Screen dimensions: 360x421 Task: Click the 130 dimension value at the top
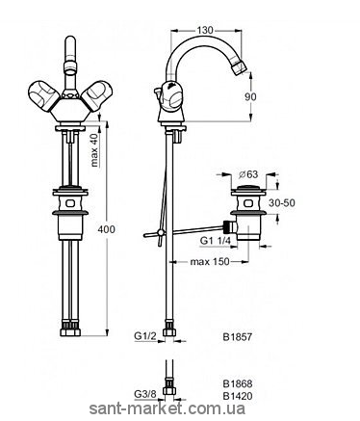coord(205,30)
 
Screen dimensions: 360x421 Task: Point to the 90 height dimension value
coord(250,96)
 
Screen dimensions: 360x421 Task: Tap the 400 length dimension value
coord(106,229)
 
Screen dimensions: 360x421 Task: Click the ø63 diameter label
coord(248,174)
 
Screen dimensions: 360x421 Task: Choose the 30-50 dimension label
coord(282,203)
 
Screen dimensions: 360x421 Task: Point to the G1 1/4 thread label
coord(216,240)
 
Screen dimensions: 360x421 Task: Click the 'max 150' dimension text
coord(210,262)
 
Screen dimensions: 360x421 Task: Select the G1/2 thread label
coord(145,336)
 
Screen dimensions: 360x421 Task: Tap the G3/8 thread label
coord(144,394)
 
